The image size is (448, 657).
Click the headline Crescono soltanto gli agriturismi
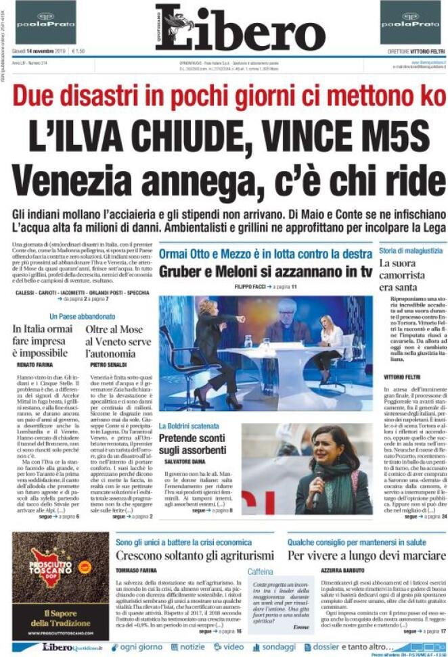coord(194,555)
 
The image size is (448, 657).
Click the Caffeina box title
coord(260,571)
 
